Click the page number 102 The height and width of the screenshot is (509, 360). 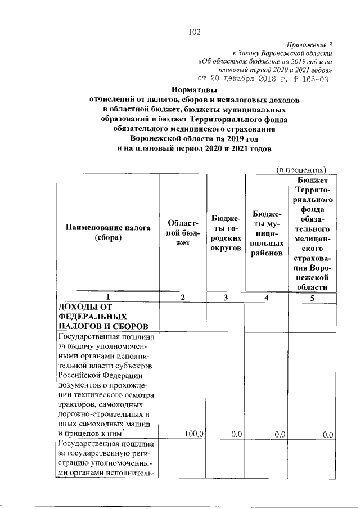[x=195, y=31]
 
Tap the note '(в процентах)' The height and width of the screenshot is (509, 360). [x=301, y=169]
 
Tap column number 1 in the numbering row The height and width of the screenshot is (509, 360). [x=108, y=298]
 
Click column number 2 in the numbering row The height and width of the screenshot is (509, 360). [x=183, y=298]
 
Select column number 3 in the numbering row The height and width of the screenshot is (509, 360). [x=226, y=298]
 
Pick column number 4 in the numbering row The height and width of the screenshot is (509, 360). [x=267, y=298]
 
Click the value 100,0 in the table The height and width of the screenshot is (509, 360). [x=194, y=434]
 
